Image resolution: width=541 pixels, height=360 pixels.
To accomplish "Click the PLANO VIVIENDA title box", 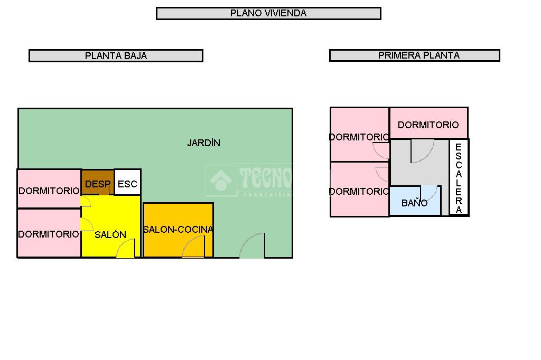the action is [268, 13].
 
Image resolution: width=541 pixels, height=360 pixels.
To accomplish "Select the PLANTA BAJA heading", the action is [116, 55].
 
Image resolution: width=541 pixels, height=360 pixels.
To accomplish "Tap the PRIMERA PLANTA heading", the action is [414, 55].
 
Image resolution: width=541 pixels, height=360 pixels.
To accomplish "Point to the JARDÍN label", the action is [203, 143].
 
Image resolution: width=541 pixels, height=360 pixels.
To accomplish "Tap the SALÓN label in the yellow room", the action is [110, 234].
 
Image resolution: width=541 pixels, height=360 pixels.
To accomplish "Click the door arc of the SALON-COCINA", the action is [194, 248].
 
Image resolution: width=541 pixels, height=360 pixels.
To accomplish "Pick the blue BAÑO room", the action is [414, 202].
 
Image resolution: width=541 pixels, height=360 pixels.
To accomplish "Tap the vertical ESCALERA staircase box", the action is [459, 177].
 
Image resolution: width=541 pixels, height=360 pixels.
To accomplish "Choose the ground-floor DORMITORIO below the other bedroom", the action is [49, 233].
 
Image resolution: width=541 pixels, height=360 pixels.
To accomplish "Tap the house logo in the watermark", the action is [220, 181].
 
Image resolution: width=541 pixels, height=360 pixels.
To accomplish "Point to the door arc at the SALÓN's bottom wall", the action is [126, 249].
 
